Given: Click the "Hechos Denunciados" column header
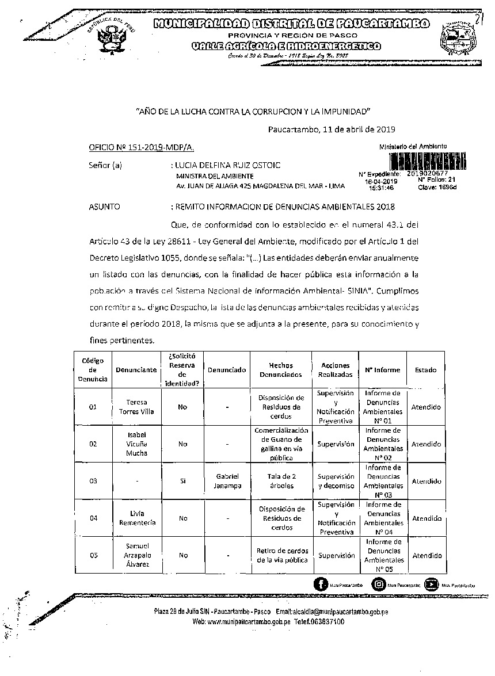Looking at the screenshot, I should pos(281,370).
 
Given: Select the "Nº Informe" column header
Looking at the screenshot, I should pos(383,370).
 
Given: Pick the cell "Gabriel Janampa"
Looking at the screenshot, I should pos(227,481).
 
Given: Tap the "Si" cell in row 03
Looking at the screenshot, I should pos(182,481).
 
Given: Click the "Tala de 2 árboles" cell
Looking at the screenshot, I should pos(281,481).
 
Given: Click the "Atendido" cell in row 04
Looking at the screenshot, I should pos(427,518).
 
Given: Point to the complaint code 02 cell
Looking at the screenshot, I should pos(93,444).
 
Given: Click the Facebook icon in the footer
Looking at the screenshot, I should pos(321,585).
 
